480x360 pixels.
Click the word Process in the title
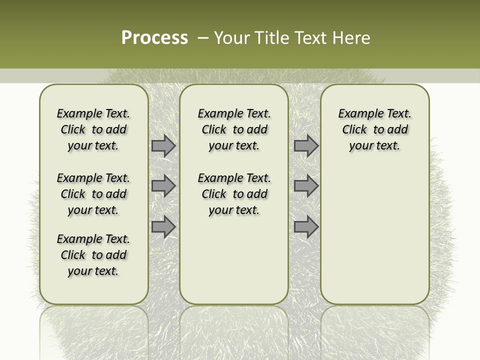pyautogui.click(x=154, y=38)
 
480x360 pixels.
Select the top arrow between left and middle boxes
pyautogui.click(x=163, y=146)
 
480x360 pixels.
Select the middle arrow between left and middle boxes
pyautogui.click(x=163, y=186)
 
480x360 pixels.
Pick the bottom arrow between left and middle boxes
pyautogui.click(x=163, y=226)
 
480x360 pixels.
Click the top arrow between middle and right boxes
pyautogui.click(x=306, y=146)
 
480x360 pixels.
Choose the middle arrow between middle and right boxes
pyautogui.click(x=306, y=186)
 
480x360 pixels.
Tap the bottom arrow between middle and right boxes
pyautogui.click(x=306, y=226)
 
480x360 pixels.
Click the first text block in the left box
pyautogui.click(x=93, y=129)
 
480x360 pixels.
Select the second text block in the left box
pyautogui.click(x=93, y=194)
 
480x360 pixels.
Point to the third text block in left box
pyautogui.click(x=93, y=255)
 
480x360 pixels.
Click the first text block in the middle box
pyautogui.click(x=234, y=129)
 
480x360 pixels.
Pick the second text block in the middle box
pyautogui.click(x=234, y=194)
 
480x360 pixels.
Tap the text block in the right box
pyautogui.click(x=374, y=129)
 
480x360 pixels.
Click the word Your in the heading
pyautogui.click(x=233, y=38)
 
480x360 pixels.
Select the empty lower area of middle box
pyautogui.click(x=234, y=260)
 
